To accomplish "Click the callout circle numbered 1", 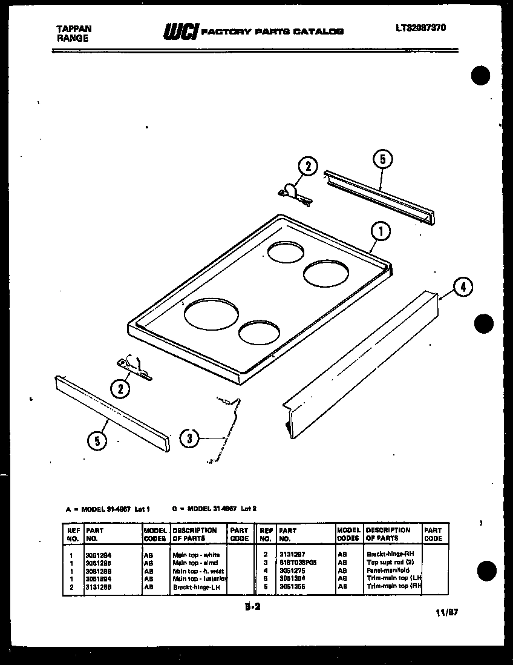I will [381, 231].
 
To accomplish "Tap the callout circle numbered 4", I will [463, 287].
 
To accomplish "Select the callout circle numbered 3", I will [189, 438].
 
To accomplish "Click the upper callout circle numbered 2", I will [307, 167].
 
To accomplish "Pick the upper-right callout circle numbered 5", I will [382, 160].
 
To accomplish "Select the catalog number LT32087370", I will [422, 27].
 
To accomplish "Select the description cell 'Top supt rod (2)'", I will [390, 563].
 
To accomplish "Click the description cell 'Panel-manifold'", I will [388, 571].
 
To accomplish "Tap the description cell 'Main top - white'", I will [196, 555].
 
